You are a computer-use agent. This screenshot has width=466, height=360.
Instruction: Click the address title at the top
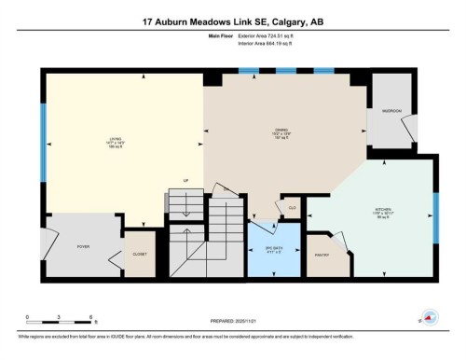pos(233,21)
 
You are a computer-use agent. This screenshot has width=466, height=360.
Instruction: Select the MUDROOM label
pos(391,110)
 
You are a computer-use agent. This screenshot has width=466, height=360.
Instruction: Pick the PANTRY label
pos(323,254)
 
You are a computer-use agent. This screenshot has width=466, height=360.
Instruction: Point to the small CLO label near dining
pos(291,208)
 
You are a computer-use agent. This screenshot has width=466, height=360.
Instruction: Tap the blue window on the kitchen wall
pos(434,216)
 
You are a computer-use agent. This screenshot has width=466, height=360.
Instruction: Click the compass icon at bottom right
pos(428,317)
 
